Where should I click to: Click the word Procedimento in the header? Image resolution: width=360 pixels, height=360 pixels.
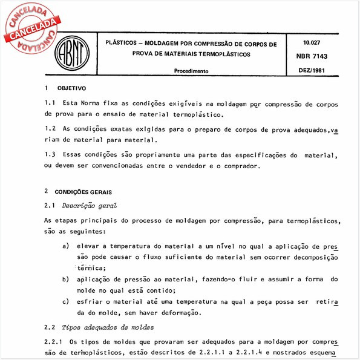[x=191, y=71]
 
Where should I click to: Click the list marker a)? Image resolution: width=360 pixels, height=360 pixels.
[x=65, y=247]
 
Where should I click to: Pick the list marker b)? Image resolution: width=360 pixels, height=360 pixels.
[x=65, y=280]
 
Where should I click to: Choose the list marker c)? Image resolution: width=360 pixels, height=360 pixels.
[x=65, y=301]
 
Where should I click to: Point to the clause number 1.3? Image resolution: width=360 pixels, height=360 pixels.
[x=51, y=155]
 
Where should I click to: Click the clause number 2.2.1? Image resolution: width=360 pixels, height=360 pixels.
[x=54, y=342]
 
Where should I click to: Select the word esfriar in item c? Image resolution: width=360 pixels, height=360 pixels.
[x=91, y=301]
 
